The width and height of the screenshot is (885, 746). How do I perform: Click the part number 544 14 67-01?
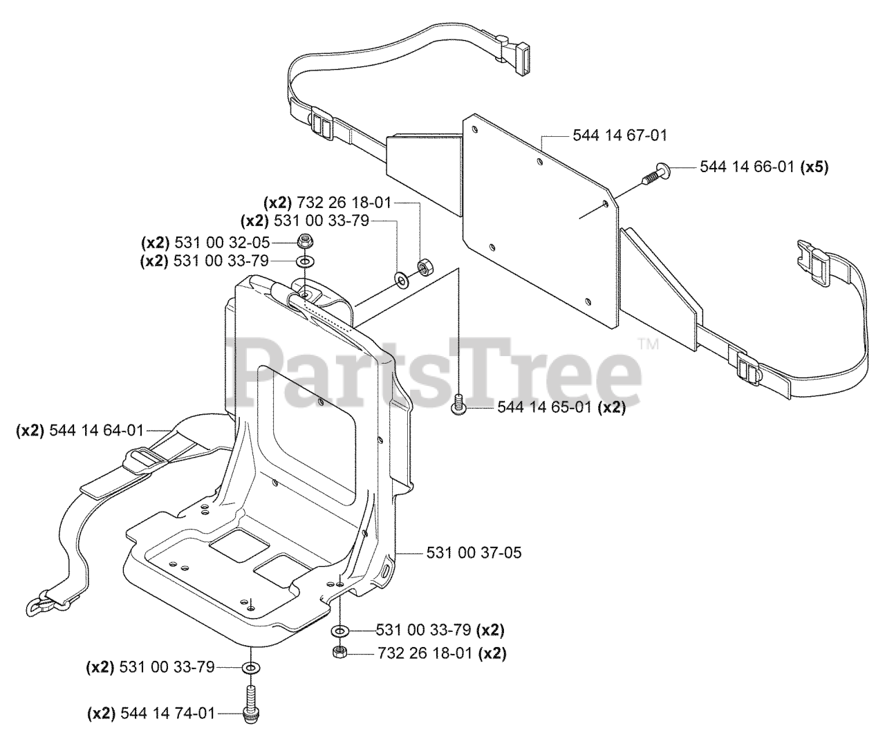pos(620,136)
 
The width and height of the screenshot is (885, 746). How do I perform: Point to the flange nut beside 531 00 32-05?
pos(304,242)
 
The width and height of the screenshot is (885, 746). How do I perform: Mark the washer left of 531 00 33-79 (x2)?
pos(340,631)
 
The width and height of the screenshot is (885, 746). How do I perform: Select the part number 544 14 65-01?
pos(544,407)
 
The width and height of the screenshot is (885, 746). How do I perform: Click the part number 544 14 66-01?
pos(747,167)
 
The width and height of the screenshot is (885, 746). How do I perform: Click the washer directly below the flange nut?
pos(304,261)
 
